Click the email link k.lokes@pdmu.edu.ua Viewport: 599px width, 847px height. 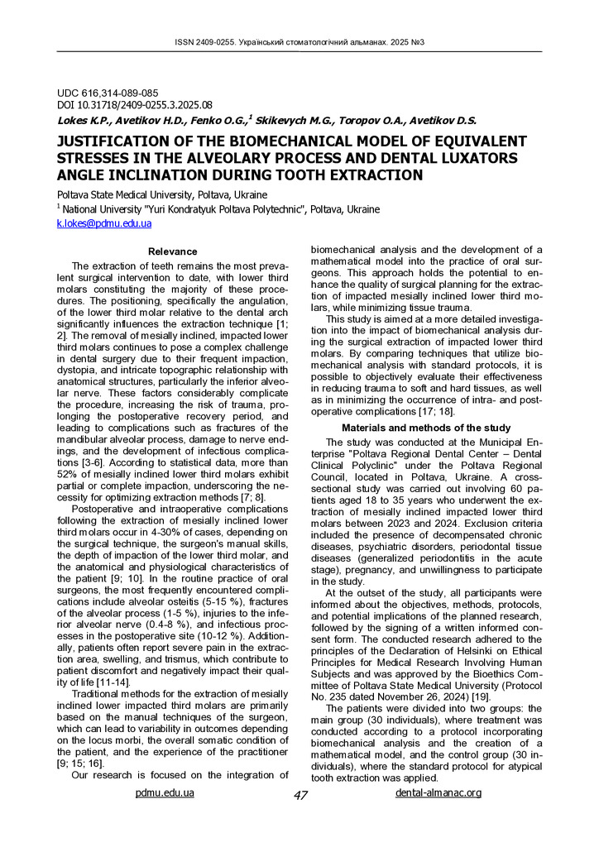pyautogui.click(x=103, y=223)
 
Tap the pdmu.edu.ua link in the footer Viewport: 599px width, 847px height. pyautogui.click(x=165, y=792)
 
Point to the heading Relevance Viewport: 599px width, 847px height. pyautogui.click(x=172, y=251)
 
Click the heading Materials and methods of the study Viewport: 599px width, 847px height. pyautogui.click(x=426, y=428)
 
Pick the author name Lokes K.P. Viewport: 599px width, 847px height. pyautogui.click(x=81, y=121)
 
